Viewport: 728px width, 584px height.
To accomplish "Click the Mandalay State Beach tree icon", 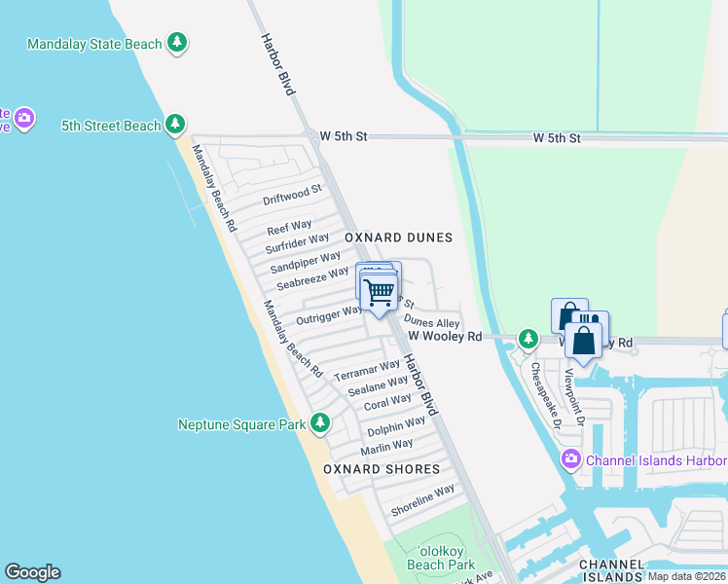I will click(176, 43).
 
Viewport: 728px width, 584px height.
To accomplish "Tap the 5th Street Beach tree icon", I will click(175, 125).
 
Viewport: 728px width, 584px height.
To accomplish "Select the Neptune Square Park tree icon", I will click(319, 423).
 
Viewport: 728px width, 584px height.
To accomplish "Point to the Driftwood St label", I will click(292, 194).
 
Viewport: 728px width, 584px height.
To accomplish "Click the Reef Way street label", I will click(289, 228).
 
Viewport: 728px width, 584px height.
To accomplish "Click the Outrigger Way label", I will click(329, 314).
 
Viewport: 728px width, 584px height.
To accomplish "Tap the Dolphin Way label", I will click(396, 426).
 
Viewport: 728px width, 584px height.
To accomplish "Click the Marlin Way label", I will click(386, 447).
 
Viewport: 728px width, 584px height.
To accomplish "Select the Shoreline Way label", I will click(422, 500).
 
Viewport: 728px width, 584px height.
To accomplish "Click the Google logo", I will click(32, 572).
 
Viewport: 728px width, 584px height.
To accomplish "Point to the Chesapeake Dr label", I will click(543, 395).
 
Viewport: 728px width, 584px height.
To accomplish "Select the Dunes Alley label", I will click(431, 322).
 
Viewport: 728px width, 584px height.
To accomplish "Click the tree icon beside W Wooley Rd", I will click(528, 339).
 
